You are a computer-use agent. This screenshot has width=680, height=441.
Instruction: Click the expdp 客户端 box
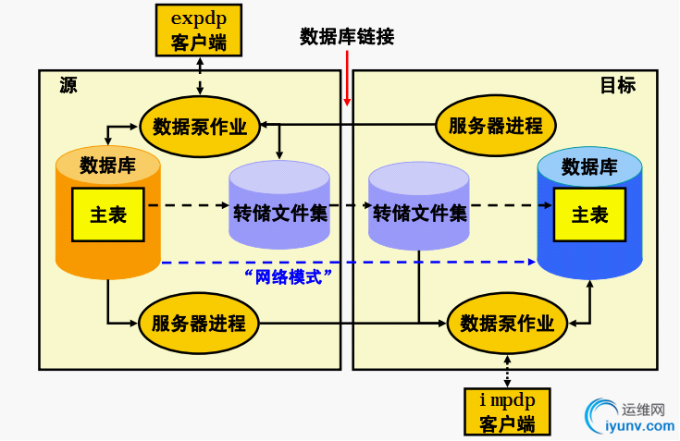pos(199,29)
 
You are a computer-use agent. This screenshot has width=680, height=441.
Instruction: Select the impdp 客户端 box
pos(507,411)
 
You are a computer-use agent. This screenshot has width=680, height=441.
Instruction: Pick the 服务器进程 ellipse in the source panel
pos(199,324)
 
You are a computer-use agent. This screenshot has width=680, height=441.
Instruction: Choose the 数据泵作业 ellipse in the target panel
pos(507,324)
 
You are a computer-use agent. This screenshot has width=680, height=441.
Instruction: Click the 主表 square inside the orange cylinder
pos(108,214)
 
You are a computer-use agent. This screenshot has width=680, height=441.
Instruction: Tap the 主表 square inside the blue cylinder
pos(588,214)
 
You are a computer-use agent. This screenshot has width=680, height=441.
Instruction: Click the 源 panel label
pos(68,86)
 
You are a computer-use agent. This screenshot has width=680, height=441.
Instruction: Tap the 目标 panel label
pos(617,86)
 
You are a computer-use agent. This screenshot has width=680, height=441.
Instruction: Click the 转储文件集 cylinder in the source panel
pos(279,205)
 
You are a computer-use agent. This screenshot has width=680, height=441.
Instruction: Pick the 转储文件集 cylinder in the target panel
pos(419,205)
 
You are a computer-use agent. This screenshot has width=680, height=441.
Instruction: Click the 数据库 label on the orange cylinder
pos(108,166)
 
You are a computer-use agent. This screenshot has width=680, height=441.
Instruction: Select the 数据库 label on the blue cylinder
pos(589,166)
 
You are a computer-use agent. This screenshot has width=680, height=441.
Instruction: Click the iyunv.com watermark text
pos(638,426)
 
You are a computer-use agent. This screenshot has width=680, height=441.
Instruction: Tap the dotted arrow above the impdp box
pos(507,371)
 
